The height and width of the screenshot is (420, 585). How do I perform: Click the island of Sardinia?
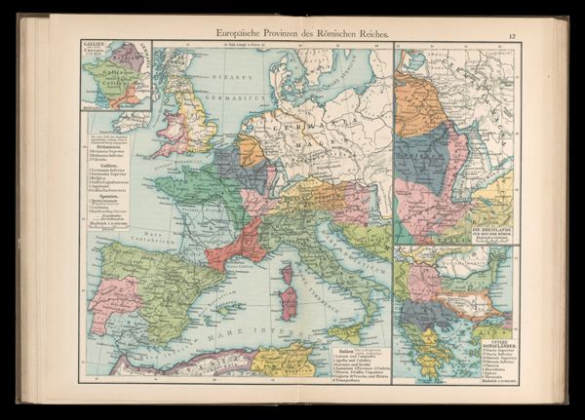click(x=288, y=307)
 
